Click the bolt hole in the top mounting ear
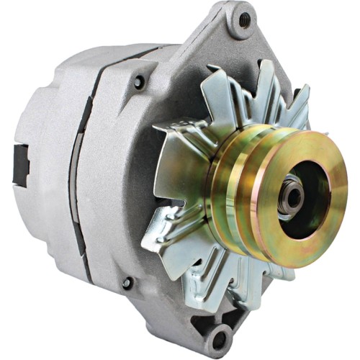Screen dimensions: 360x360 [244, 19]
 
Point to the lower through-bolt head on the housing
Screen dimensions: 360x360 [128, 283]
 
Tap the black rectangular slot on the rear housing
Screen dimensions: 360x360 [20, 164]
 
